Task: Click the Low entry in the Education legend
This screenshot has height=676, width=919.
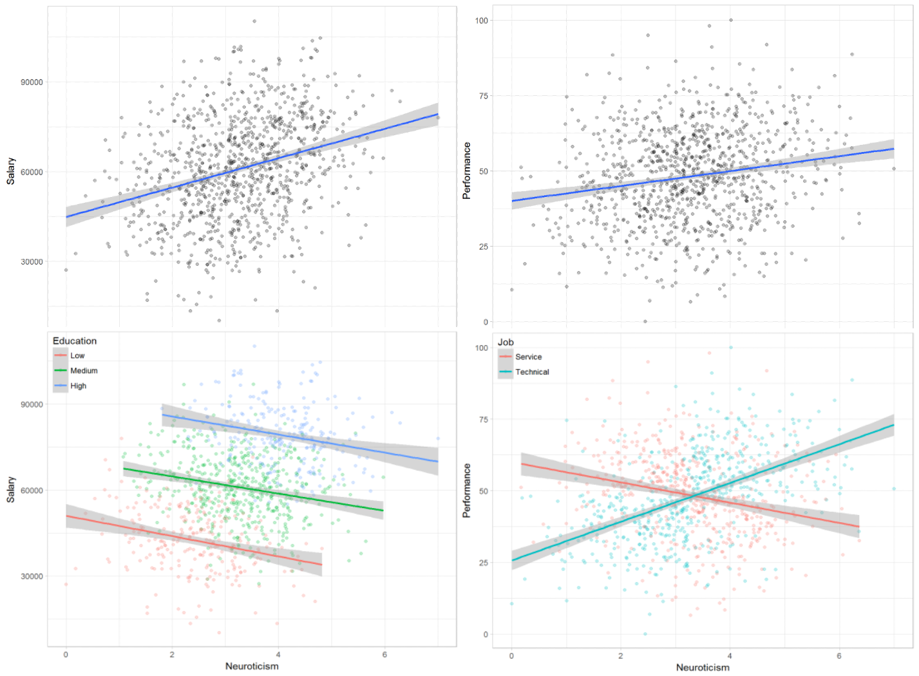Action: pos(77,355)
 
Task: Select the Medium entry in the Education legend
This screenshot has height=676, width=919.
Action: pos(83,371)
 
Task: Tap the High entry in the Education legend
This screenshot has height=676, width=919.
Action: pos(78,386)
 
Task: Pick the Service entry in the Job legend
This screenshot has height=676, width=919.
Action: pos(527,357)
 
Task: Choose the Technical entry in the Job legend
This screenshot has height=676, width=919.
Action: pos(531,372)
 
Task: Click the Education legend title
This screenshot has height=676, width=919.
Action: pos(75,341)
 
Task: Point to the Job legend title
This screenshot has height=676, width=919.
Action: pos(506,343)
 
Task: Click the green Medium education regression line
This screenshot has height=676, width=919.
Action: pos(258,490)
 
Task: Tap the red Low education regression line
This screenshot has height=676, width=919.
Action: pos(193,540)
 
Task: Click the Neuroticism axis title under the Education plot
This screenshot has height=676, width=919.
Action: pos(252,666)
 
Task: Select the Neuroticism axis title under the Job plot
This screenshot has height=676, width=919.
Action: pos(703,667)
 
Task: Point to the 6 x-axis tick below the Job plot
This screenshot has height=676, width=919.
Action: pos(839,655)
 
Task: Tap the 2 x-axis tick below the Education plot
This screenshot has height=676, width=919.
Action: pos(172,654)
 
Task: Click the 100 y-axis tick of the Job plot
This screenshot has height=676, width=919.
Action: pos(482,348)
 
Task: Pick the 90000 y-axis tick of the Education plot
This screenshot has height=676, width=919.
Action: pos(32,404)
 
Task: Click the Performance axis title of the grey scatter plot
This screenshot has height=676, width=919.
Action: pos(467,171)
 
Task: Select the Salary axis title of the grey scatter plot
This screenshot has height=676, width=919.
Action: pos(11,171)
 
